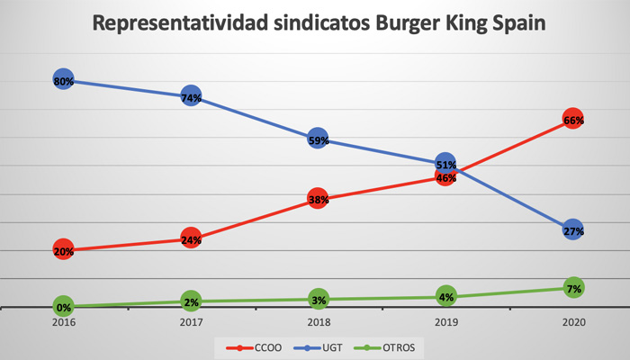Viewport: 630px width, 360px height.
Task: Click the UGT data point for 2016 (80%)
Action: click(x=63, y=81)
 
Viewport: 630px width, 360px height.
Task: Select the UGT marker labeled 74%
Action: click(x=190, y=97)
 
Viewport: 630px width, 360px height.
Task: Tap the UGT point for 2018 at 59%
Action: click(x=318, y=139)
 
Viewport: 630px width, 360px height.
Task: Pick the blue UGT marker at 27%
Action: click(x=573, y=229)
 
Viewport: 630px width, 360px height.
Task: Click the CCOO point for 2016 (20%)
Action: click(x=63, y=250)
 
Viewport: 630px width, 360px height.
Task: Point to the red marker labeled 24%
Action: click(x=190, y=239)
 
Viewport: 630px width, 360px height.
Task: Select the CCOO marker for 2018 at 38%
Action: click(x=318, y=200)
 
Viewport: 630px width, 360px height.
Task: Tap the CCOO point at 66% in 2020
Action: click(x=573, y=120)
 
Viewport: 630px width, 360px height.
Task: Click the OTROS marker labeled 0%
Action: click(x=63, y=307)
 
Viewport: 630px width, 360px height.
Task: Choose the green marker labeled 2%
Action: click(x=190, y=301)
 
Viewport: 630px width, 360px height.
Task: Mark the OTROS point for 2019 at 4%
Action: click(x=445, y=296)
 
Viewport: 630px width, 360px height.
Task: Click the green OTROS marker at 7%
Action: click(x=573, y=288)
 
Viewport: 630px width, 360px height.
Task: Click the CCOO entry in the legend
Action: click(x=255, y=346)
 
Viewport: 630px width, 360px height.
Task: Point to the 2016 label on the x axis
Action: click(x=63, y=321)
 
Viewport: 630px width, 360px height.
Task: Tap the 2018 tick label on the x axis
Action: click(x=318, y=321)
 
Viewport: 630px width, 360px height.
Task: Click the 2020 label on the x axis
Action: click(x=573, y=321)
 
